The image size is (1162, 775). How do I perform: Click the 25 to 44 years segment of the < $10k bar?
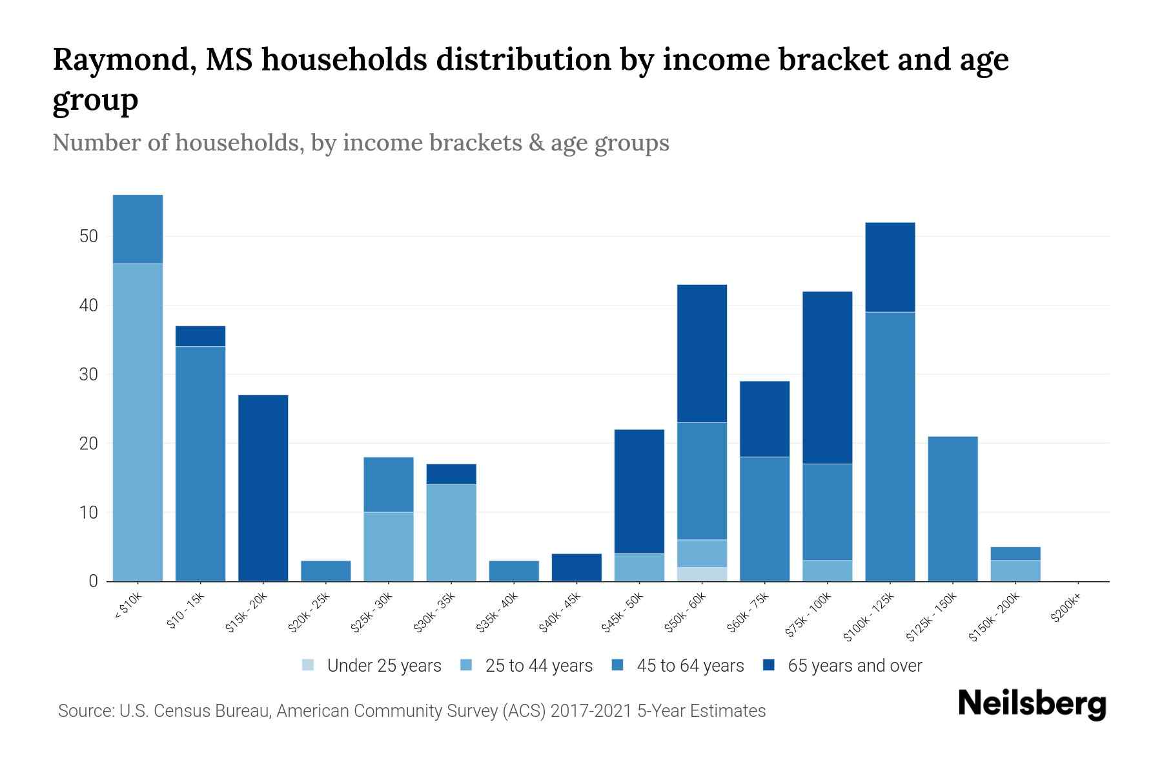[x=138, y=422]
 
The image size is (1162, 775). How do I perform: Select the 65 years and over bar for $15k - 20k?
[x=263, y=488]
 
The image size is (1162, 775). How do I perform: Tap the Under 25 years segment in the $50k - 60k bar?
[x=702, y=574]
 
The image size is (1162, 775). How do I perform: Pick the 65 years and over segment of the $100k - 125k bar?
[x=890, y=267]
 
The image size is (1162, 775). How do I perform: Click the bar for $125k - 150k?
[x=952, y=509]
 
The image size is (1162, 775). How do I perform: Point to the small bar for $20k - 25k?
[x=325, y=571]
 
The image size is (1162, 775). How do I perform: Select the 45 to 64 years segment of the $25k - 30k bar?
[x=388, y=484]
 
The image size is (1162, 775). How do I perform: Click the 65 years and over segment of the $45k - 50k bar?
[x=639, y=491]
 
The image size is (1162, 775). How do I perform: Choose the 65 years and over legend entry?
[x=842, y=666]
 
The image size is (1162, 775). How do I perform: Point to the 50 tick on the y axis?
[x=88, y=236]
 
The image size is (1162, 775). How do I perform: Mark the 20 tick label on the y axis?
[x=88, y=444]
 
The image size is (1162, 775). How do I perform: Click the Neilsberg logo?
[x=1032, y=704]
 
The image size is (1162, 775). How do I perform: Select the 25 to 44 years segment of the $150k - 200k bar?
[x=1015, y=571]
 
